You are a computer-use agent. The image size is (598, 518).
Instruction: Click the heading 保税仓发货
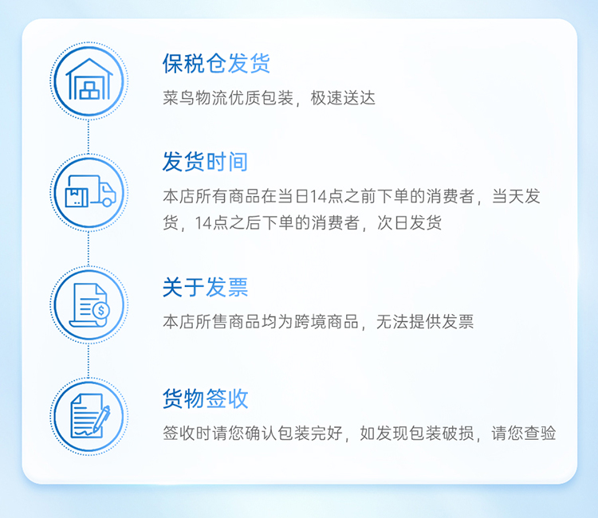tap(216, 63)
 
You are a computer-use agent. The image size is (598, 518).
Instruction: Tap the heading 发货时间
tap(205, 162)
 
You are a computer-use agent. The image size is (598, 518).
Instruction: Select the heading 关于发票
tap(205, 287)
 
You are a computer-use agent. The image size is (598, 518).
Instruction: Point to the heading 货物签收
tap(205, 398)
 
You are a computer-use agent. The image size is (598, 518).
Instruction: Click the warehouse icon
tap(89, 79)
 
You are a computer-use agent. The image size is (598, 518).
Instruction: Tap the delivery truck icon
tap(90, 191)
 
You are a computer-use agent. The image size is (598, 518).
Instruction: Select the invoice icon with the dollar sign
tap(89, 304)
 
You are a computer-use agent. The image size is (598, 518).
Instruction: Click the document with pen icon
tap(90, 416)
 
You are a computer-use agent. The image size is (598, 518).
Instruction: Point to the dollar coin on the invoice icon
tap(100, 310)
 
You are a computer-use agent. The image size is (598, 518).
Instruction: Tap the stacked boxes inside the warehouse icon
tap(89, 90)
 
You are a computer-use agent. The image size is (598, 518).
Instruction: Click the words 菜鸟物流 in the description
tap(195, 98)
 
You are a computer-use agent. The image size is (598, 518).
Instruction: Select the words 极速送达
tap(343, 98)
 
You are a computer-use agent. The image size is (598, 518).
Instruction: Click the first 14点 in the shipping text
tap(325, 196)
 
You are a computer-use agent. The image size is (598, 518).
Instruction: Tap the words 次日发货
tap(409, 222)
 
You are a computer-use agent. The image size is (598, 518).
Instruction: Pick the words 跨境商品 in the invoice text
tap(326, 322)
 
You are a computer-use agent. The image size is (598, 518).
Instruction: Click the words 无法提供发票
tap(425, 322)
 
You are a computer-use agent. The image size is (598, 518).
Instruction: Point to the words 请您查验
tap(523, 434)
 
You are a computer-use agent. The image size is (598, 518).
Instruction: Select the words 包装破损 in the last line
tap(441, 434)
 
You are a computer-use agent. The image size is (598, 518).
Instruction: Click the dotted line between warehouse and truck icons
tap(89, 136)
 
